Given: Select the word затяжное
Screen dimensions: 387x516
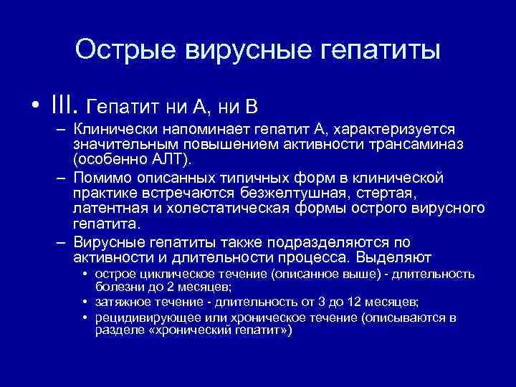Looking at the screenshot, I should (x=123, y=302).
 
